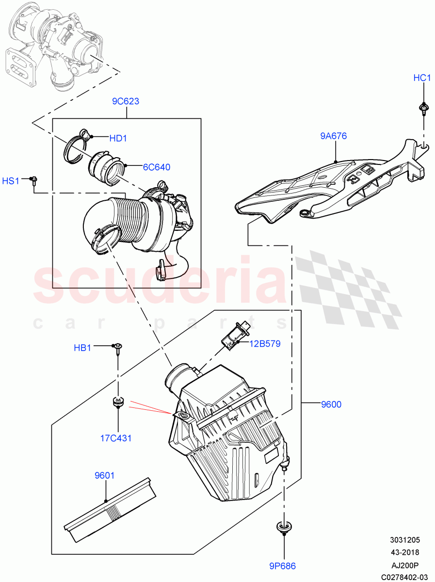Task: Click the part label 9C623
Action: click(x=126, y=101)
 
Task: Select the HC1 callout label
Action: click(x=422, y=78)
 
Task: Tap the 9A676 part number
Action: click(x=333, y=136)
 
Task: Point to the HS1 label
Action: click(x=11, y=181)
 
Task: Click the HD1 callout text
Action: click(x=118, y=138)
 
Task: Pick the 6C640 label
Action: click(x=156, y=167)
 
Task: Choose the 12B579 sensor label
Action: click(x=265, y=344)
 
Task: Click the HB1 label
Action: click(x=82, y=348)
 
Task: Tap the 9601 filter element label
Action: click(x=104, y=475)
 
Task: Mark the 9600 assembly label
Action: click(x=331, y=404)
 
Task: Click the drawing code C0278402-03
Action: click(x=404, y=577)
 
